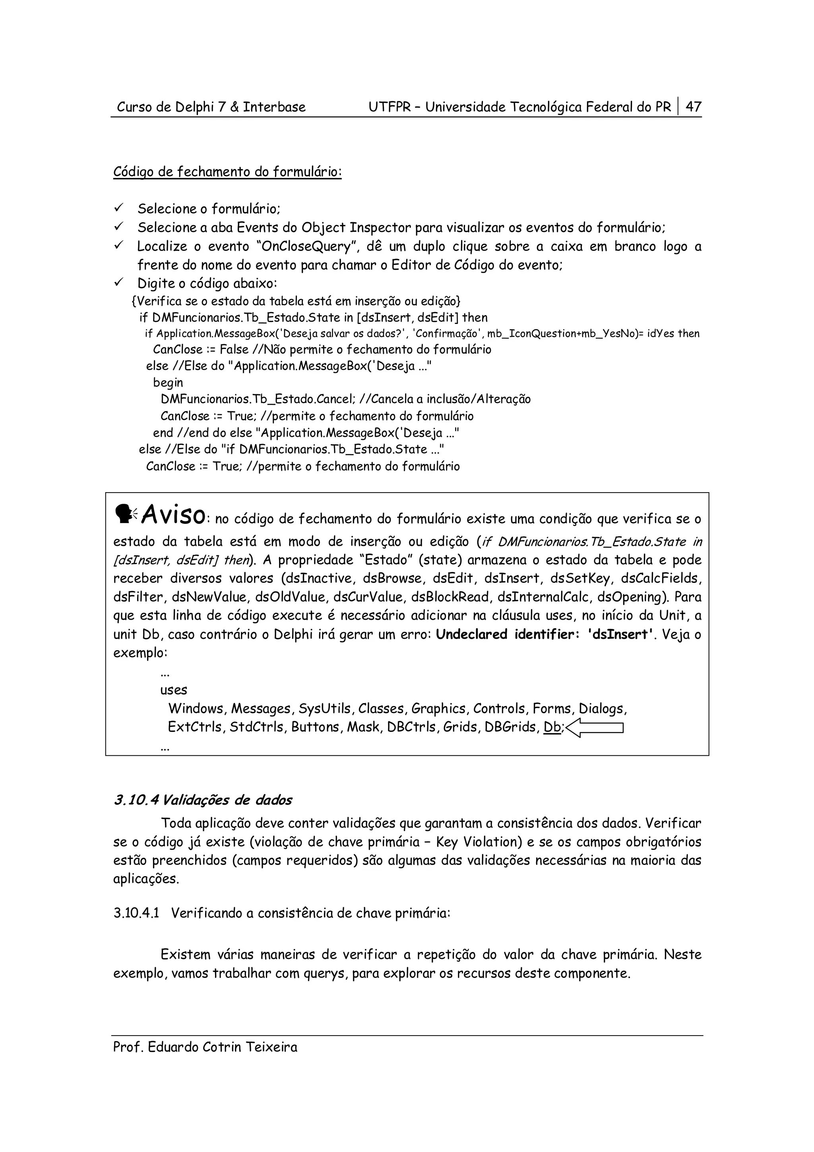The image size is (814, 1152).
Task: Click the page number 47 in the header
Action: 693,107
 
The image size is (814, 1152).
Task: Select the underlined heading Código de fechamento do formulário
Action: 227,172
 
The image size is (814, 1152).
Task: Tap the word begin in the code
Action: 168,382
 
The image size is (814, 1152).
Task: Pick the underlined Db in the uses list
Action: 552,727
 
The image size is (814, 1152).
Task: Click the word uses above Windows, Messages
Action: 174,690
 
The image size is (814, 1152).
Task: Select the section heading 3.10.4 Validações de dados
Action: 203,800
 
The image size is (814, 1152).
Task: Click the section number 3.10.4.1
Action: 136,913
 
